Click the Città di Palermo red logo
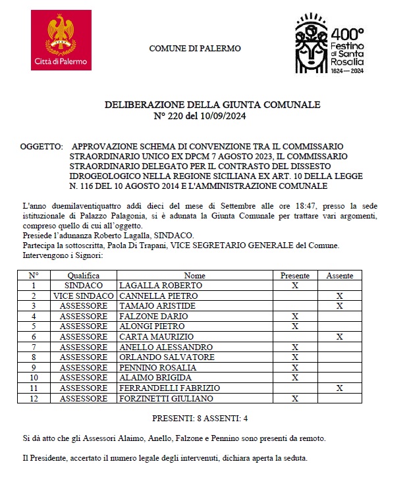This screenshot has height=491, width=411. pos(62,42)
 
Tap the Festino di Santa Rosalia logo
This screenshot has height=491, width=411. pos(329,43)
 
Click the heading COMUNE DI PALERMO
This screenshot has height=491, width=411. pos(195,49)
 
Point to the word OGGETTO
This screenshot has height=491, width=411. pos(41,145)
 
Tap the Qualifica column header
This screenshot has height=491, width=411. pos(83,276)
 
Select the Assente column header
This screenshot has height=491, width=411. pos(339,276)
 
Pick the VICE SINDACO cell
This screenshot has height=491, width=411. pos(83,296)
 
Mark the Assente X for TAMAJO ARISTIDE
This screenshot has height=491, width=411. pos(339,306)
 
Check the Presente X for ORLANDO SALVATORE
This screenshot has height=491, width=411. pos(295,357)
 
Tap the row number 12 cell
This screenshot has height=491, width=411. pos(34,398)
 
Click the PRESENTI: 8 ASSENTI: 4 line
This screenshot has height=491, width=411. pos(200,418)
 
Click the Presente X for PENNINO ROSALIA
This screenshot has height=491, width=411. pos(295,367)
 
